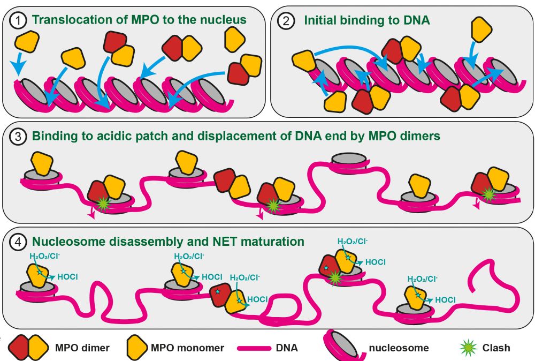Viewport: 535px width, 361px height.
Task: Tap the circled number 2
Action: [286, 20]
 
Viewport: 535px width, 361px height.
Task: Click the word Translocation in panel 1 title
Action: [65, 20]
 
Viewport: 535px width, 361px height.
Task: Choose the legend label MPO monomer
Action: [188, 348]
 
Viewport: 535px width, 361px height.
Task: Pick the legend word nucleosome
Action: [399, 348]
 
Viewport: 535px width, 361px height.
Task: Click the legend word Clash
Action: [495, 348]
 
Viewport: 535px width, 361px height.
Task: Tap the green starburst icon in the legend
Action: [469, 348]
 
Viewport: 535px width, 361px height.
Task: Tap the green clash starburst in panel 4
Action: [335, 277]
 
